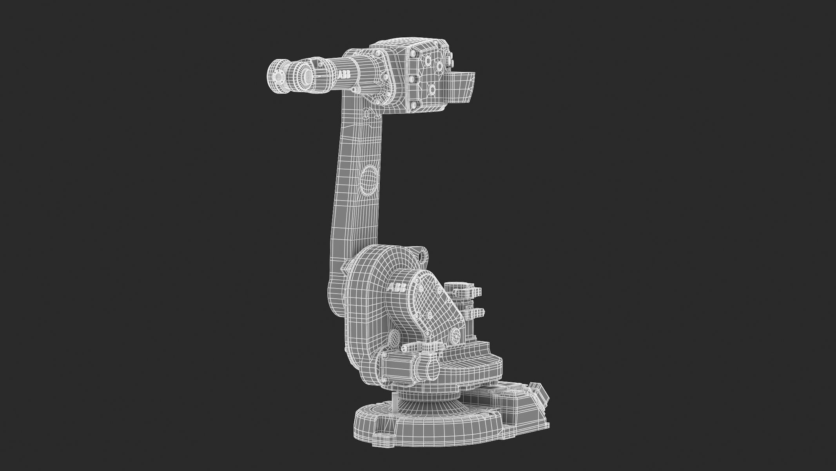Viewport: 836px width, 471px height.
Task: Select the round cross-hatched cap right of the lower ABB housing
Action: click(455, 335)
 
